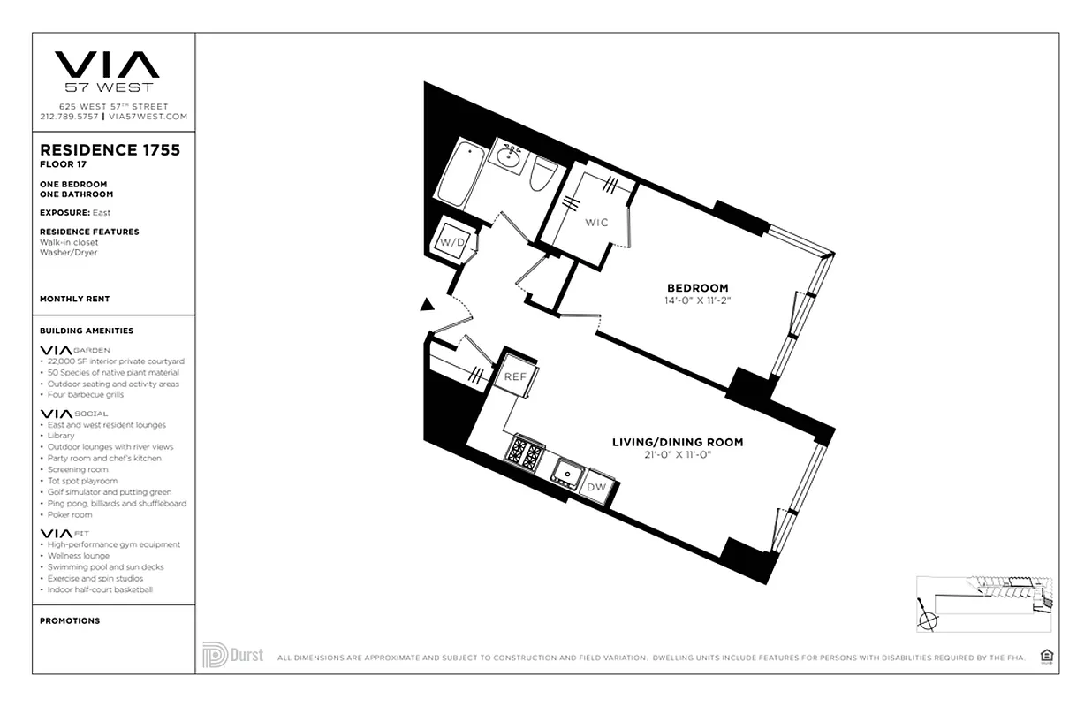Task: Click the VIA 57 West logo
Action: click(x=108, y=71)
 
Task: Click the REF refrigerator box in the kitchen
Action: click(x=515, y=376)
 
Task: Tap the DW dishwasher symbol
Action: click(x=597, y=487)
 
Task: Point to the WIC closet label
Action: click(x=597, y=223)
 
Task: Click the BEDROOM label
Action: click(x=697, y=288)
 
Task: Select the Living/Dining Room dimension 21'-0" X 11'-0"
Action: click(x=678, y=455)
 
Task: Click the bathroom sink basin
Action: click(x=507, y=158)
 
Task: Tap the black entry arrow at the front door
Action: click(x=428, y=305)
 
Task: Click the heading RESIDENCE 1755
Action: click(x=110, y=150)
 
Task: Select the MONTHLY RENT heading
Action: click(x=75, y=300)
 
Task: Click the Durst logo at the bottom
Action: click(x=232, y=655)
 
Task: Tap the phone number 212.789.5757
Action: click(x=69, y=117)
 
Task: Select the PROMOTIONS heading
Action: click(x=70, y=621)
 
